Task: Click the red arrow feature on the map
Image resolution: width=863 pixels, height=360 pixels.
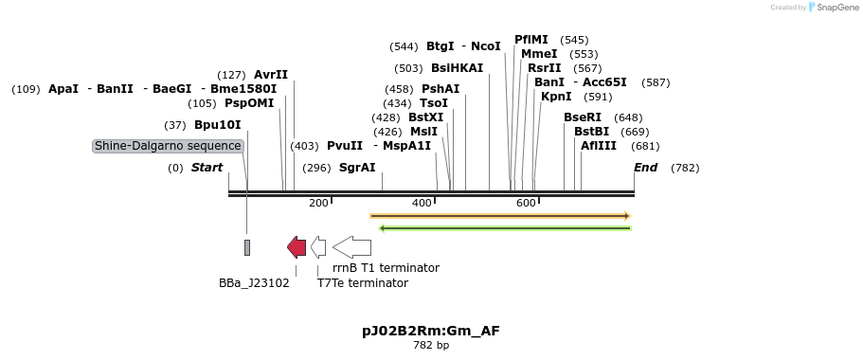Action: tap(297, 247)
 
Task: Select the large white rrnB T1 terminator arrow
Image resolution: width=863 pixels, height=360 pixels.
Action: tap(352, 247)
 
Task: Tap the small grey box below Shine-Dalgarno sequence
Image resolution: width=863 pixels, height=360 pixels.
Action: tap(247, 247)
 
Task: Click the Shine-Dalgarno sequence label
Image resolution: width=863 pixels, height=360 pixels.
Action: tap(168, 146)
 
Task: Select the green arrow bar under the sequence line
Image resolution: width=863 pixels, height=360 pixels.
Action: tap(505, 227)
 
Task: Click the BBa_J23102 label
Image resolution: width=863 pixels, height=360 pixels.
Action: tap(254, 283)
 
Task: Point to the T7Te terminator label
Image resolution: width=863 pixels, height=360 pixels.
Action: tap(363, 283)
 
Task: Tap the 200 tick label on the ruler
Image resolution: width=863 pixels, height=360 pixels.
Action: tap(318, 204)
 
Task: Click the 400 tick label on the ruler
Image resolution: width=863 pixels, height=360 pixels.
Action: tap(422, 204)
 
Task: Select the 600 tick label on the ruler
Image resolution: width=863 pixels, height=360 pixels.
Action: tap(526, 204)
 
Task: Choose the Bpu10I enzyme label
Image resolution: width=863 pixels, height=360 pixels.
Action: tap(218, 125)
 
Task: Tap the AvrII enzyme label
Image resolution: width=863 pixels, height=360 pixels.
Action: tap(271, 75)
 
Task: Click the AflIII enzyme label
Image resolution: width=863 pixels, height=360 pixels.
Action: tap(599, 146)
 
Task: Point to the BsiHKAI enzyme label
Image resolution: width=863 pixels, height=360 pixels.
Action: tap(457, 68)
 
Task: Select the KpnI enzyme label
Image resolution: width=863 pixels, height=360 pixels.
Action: tap(556, 97)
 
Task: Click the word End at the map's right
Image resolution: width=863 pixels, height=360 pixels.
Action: tap(646, 168)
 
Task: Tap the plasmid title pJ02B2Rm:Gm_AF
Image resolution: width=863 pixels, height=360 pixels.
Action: tap(431, 331)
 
